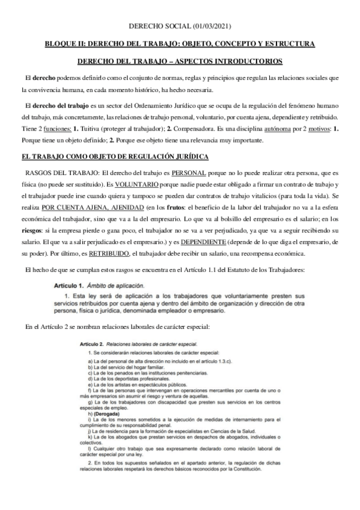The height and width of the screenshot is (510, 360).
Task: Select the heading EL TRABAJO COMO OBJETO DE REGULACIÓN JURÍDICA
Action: (115, 158)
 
